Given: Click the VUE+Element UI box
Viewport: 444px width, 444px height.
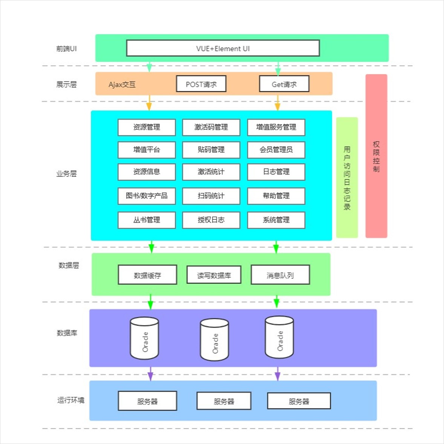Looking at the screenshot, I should pos(223,48).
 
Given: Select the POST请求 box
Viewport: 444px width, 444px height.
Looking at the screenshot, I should pos(201,84).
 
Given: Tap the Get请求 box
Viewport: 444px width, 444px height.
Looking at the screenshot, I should pos(284,84).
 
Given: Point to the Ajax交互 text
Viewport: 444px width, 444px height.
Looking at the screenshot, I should pos(122,84).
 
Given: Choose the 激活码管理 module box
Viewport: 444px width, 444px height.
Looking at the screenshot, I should pos(211,127).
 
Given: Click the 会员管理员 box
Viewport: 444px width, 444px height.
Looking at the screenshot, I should pos(276,150).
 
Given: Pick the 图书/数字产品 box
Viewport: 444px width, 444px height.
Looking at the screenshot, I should pos(147,196).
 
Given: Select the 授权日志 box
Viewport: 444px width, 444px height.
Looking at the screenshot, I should pos(211,220).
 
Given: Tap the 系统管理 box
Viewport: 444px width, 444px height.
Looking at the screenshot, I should pos(276,220).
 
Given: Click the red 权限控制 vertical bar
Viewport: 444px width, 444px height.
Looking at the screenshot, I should pos(376,156).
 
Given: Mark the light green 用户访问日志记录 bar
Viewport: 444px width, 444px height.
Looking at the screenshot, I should pos(347,177).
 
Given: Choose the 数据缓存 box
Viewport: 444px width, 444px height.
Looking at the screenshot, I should pos(147,275).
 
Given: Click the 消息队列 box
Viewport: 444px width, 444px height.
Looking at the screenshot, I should pos(280,275).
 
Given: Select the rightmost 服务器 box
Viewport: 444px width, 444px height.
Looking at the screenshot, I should pos(299,401).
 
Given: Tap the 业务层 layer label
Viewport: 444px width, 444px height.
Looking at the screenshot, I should pos(66,174).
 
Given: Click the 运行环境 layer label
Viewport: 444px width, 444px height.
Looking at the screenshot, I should pos(71,400).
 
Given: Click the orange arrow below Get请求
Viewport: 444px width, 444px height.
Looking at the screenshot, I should pos(277,103).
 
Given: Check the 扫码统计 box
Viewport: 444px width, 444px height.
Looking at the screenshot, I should pos(211,196).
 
